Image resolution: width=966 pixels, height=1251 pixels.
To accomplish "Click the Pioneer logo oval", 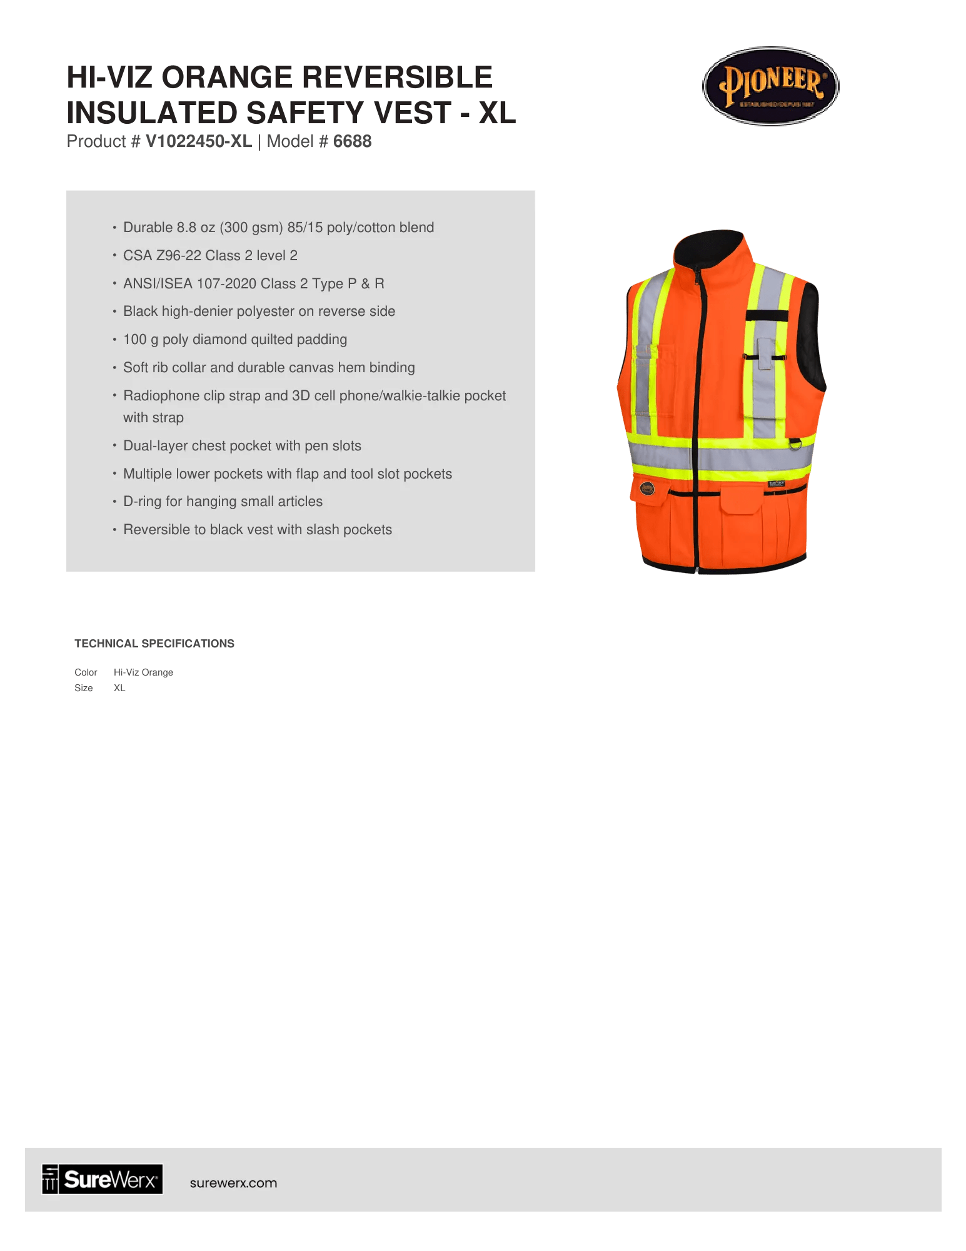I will click(770, 86).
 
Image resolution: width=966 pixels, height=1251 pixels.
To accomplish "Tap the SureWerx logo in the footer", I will click(103, 1179).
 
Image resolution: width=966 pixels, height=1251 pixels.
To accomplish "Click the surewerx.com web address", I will click(233, 1183).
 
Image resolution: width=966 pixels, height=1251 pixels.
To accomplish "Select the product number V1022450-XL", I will click(198, 141).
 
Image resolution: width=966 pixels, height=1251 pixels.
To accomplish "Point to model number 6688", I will click(352, 141).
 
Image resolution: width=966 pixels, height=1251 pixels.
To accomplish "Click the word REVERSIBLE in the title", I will click(397, 78).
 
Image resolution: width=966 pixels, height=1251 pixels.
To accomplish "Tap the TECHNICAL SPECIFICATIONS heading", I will click(154, 644).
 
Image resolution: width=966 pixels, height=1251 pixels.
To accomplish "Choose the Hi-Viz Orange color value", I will click(143, 672).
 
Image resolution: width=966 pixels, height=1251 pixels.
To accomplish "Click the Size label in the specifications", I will click(84, 688).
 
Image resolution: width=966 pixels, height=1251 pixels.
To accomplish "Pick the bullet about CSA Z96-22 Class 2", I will click(210, 255).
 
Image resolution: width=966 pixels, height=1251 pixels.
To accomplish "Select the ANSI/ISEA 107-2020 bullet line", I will click(253, 283).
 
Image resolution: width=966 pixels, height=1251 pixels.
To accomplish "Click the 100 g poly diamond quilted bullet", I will click(234, 339).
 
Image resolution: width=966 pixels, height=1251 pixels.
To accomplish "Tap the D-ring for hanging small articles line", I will click(223, 501).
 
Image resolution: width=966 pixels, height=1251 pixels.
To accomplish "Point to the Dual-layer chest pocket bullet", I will click(242, 445).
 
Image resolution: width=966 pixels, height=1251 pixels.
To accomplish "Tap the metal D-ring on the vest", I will click(795, 443).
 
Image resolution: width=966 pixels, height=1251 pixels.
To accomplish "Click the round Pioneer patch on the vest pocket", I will click(647, 488).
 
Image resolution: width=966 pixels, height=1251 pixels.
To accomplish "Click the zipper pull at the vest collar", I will click(696, 275).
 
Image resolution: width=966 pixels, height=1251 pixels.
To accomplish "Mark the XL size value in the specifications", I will click(119, 688).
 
